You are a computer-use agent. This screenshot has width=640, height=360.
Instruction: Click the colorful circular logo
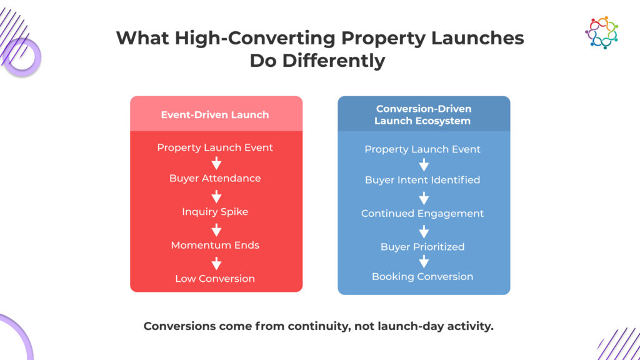click(601, 32)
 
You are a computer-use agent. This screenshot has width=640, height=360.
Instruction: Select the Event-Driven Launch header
click(215, 115)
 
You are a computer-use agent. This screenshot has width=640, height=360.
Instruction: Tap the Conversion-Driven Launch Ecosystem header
click(423, 115)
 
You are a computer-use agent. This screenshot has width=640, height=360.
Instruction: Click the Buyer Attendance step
click(215, 178)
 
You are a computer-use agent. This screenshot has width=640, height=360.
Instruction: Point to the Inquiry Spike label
click(215, 212)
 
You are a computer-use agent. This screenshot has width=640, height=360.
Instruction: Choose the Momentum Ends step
click(215, 245)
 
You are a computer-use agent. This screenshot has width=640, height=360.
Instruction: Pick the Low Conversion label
click(215, 279)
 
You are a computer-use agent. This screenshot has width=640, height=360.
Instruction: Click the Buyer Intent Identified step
click(422, 180)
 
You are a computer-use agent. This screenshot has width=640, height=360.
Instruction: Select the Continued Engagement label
click(422, 214)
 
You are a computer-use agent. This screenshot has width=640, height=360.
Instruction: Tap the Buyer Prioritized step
click(422, 247)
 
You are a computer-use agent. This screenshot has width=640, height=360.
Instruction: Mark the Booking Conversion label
click(422, 277)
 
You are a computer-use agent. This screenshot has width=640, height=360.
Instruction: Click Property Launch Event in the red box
click(215, 147)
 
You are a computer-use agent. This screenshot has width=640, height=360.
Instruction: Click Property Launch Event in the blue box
click(422, 149)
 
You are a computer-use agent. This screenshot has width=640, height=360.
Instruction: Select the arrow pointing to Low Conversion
click(216, 263)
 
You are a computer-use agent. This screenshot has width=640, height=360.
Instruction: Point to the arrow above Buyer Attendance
click(216, 163)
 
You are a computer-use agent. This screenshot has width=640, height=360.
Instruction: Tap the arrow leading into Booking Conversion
click(424, 262)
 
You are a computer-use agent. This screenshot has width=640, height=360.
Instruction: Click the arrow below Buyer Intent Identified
click(424, 198)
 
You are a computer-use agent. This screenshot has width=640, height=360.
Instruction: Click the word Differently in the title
click(334, 61)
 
